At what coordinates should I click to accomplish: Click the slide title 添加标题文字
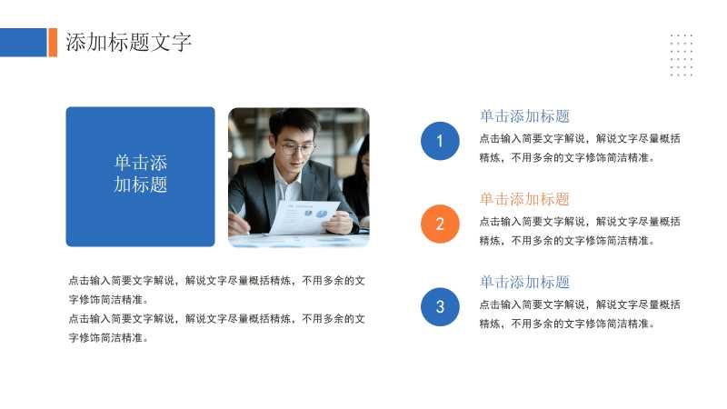[x=128, y=42]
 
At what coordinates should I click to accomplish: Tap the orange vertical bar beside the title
[x=53, y=42]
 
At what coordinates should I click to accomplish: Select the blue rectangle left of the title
[x=24, y=42]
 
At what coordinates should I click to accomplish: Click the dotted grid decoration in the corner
[x=681, y=55]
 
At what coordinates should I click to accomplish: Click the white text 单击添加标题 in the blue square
[x=141, y=174]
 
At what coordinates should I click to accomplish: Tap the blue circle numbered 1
[x=440, y=141]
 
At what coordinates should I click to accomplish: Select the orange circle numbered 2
[x=440, y=224]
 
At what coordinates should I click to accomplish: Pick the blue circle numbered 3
[x=440, y=306]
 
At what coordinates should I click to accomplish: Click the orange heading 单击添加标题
[x=524, y=199]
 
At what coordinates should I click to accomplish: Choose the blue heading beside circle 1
[x=524, y=116]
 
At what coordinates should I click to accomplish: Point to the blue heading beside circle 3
[x=524, y=283]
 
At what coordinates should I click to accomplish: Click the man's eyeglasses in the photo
[x=297, y=148]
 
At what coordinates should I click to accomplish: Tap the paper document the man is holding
[x=304, y=217]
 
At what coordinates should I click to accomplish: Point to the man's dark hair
[x=293, y=122]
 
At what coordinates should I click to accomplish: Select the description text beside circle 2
[x=580, y=231]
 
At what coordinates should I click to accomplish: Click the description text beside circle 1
[x=580, y=148]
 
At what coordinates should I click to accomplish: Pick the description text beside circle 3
[x=580, y=314]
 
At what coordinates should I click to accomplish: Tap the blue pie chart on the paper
[x=322, y=214]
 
